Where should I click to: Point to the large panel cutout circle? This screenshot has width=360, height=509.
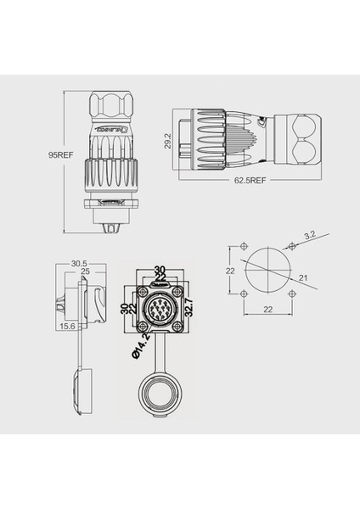click(x=267, y=271)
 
